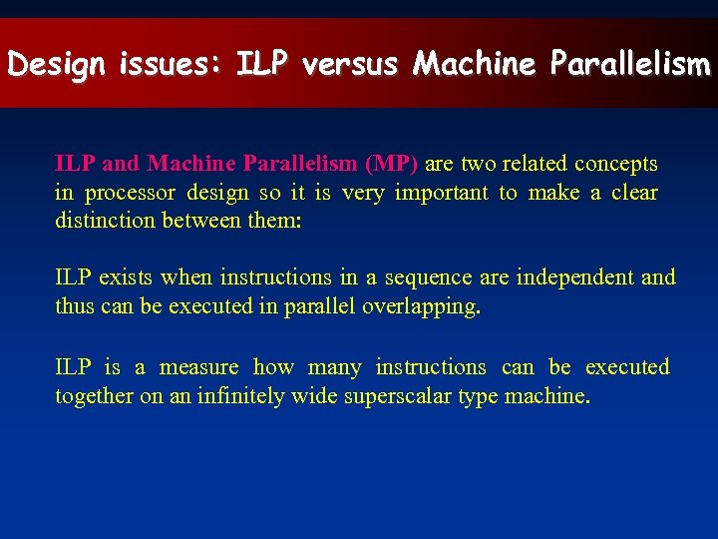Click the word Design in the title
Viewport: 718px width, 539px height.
(57, 65)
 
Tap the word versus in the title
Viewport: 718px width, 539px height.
(349, 65)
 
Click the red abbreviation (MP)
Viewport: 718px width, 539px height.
(392, 163)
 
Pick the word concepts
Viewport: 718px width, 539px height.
(618, 164)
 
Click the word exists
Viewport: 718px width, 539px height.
(127, 276)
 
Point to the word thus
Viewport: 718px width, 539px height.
(75, 305)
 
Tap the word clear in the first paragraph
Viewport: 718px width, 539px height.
(634, 192)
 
